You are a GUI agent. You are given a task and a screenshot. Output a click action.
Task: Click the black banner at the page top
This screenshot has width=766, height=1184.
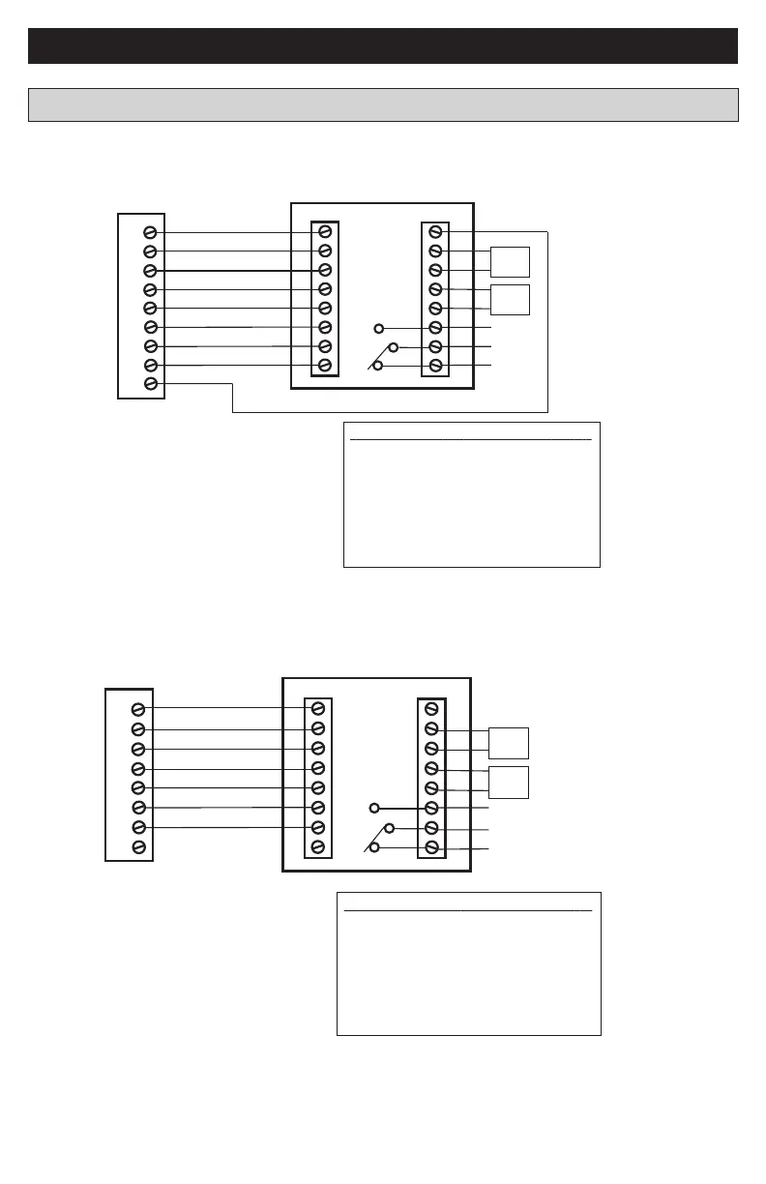[x=383, y=45]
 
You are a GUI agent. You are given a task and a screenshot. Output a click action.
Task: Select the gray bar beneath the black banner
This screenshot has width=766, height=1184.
[x=383, y=104]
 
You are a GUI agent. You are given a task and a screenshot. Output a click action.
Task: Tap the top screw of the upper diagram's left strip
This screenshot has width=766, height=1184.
[x=150, y=232]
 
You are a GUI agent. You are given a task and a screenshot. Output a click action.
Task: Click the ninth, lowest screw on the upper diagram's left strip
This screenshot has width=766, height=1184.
[x=150, y=384]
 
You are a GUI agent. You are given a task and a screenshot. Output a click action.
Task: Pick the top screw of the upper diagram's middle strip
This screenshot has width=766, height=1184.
[x=326, y=232]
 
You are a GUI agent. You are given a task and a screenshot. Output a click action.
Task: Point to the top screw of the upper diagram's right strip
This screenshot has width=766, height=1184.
[x=436, y=232]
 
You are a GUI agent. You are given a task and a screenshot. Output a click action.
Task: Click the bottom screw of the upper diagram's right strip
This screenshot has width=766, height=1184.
[x=436, y=366]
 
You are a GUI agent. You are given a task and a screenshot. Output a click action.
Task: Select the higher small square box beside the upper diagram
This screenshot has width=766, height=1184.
[x=510, y=261]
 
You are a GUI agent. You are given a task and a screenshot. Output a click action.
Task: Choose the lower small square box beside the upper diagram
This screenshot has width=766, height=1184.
[x=510, y=300]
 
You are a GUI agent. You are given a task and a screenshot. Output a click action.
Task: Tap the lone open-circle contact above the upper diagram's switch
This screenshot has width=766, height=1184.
[x=379, y=328]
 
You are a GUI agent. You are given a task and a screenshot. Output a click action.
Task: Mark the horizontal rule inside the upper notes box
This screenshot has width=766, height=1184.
[x=470, y=439]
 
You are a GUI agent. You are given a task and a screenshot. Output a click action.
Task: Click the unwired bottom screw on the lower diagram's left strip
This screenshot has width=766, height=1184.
[x=138, y=847]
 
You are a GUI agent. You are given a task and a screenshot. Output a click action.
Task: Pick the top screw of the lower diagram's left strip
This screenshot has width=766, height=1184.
[x=138, y=709]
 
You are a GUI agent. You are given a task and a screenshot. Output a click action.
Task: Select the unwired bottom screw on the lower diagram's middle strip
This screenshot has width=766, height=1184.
[x=318, y=847]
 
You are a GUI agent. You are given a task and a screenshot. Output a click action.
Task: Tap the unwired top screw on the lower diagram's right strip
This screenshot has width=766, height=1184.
[x=431, y=709]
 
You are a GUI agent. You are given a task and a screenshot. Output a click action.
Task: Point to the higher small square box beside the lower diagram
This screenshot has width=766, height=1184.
[x=509, y=742]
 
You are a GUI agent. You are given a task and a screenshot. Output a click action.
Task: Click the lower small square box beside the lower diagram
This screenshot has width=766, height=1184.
[x=509, y=782]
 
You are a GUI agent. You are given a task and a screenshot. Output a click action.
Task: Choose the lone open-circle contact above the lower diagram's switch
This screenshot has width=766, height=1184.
[x=374, y=808]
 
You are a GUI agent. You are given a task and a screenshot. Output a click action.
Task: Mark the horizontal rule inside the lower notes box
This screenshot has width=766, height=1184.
[x=468, y=910]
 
